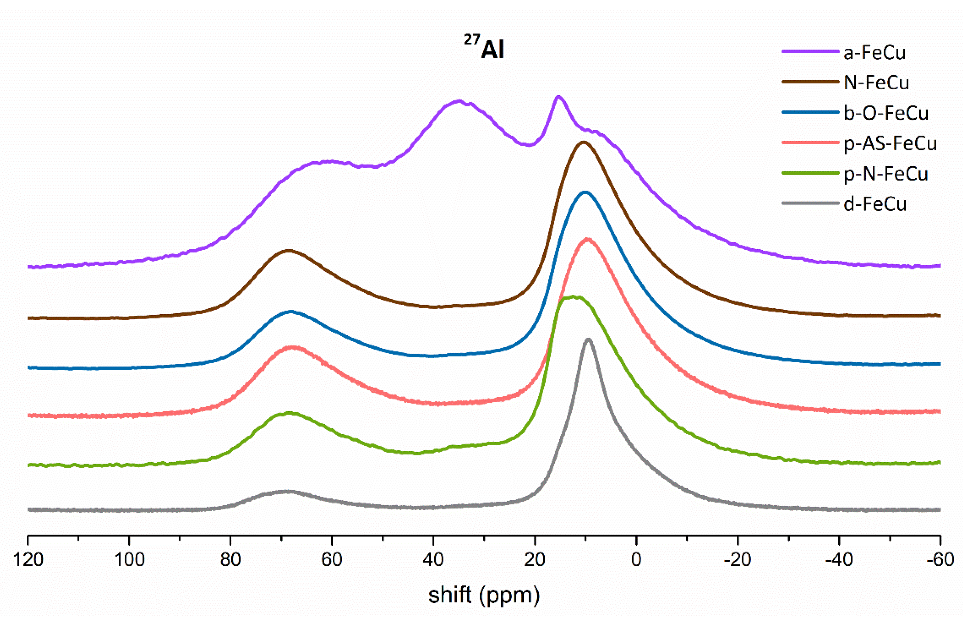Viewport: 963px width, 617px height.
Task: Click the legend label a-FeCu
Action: pyautogui.click(x=875, y=52)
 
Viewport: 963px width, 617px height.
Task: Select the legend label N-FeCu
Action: pyautogui.click(x=876, y=83)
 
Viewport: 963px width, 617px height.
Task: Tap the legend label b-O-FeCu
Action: pyautogui.click(x=886, y=114)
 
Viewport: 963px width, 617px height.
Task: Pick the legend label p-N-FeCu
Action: pyautogui.click(x=886, y=174)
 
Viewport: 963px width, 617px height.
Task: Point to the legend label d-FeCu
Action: pyautogui.click(x=875, y=204)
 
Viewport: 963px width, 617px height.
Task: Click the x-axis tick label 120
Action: pyautogui.click(x=28, y=559)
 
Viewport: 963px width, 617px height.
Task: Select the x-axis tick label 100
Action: pyautogui.click(x=129, y=559)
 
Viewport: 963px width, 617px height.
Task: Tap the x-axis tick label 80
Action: pyautogui.click(x=231, y=559)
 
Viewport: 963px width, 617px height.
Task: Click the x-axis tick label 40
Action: pyautogui.click(x=433, y=559)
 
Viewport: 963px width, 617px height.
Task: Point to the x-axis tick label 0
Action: pyautogui.click(x=636, y=559)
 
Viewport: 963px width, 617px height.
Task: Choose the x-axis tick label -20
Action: pyautogui.click(x=737, y=559)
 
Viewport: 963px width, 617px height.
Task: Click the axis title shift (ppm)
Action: pyautogui.click(x=484, y=595)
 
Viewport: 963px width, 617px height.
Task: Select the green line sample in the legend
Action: pyautogui.click(x=810, y=173)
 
